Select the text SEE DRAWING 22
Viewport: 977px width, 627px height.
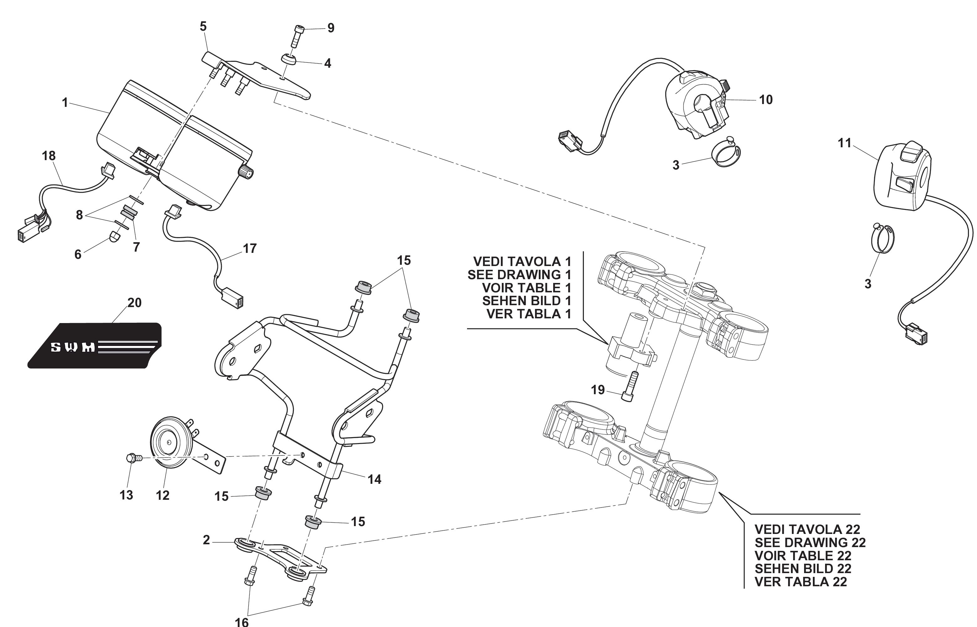pos(810,542)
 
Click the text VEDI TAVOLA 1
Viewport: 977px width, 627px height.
pos(522,261)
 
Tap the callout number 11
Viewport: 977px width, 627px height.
pos(844,143)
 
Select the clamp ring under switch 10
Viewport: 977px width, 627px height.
pos(725,155)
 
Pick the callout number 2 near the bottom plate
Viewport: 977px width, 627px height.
pos(206,540)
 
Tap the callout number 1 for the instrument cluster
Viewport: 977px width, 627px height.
pos(65,102)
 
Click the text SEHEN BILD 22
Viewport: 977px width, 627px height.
pos(803,568)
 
